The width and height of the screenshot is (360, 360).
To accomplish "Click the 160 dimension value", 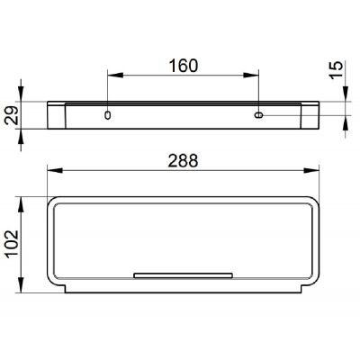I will coord(184,66).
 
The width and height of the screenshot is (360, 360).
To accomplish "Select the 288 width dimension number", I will coord(184,158).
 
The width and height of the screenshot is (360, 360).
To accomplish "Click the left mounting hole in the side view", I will coord(108,115).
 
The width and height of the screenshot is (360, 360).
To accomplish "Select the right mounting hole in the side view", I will coord(259,115).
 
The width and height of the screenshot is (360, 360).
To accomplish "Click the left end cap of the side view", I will coord(56,115).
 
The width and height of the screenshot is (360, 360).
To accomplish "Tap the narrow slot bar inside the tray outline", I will coord(184,273).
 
